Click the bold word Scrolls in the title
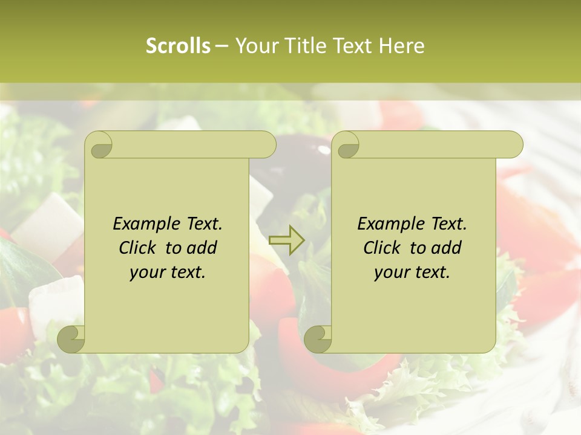tap(178, 46)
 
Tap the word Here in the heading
tap(402, 46)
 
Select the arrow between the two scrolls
tap(286, 240)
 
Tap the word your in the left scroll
tap(146, 272)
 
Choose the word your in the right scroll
tap(391, 272)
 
